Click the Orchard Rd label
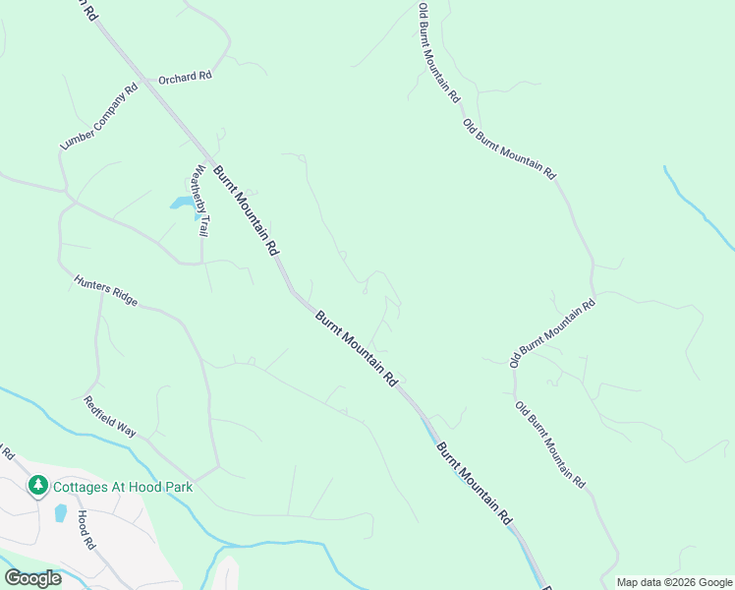point(186,76)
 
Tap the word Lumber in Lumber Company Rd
point(77,135)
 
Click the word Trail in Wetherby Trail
point(203,224)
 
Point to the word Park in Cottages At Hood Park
point(179,486)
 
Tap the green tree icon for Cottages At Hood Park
point(38,485)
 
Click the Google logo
point(32,577)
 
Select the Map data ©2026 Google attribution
point(674,582)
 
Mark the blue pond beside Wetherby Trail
point(182,203)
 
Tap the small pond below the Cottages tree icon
point(60,512)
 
